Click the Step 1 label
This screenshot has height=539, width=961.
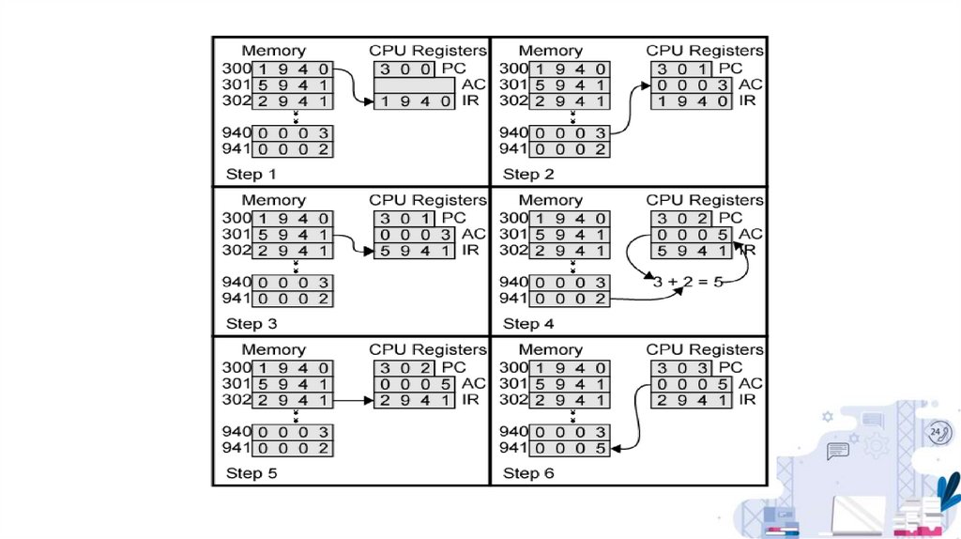(251, 174)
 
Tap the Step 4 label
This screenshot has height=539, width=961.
(528, 324)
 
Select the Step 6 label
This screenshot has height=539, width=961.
(528, 473)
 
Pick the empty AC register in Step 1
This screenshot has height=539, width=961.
(414, 85)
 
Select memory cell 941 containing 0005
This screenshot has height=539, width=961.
(570, 449)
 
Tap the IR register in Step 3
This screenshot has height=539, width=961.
(414, 251)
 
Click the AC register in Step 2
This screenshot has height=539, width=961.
(691, 85)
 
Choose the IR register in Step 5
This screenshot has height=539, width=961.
(414, 400)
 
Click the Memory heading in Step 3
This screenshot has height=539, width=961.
(273, 200)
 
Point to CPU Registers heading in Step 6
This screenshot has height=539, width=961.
(705, 349)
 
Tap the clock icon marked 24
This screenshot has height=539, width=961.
(937, 432)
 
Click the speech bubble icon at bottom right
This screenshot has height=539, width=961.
(837, 452)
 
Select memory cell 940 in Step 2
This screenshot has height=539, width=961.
(570, 133)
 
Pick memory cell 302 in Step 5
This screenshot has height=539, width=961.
(293, 400)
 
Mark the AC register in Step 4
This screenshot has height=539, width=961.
(691, 235)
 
